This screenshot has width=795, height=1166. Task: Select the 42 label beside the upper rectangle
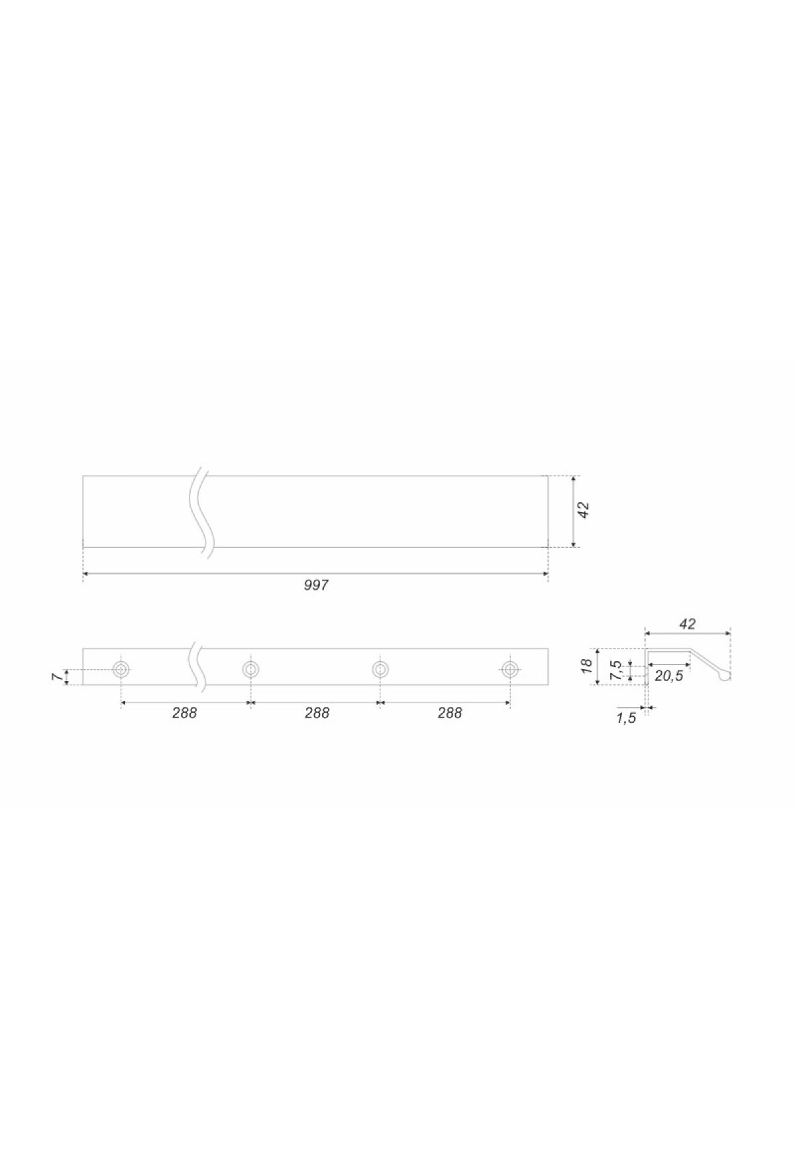[x=584, y=510]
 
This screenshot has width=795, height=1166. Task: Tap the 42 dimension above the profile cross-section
[x=688, y=623]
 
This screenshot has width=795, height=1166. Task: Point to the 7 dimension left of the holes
[x=57, y=677]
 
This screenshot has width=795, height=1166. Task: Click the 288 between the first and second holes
[x=185, y=713]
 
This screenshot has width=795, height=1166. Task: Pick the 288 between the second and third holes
[x=317, y=713]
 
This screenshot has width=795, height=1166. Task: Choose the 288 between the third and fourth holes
[x=450, y=713]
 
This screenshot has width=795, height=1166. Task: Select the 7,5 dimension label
[x=617, y=670]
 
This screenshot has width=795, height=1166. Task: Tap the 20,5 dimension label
[x=668, y=676]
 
